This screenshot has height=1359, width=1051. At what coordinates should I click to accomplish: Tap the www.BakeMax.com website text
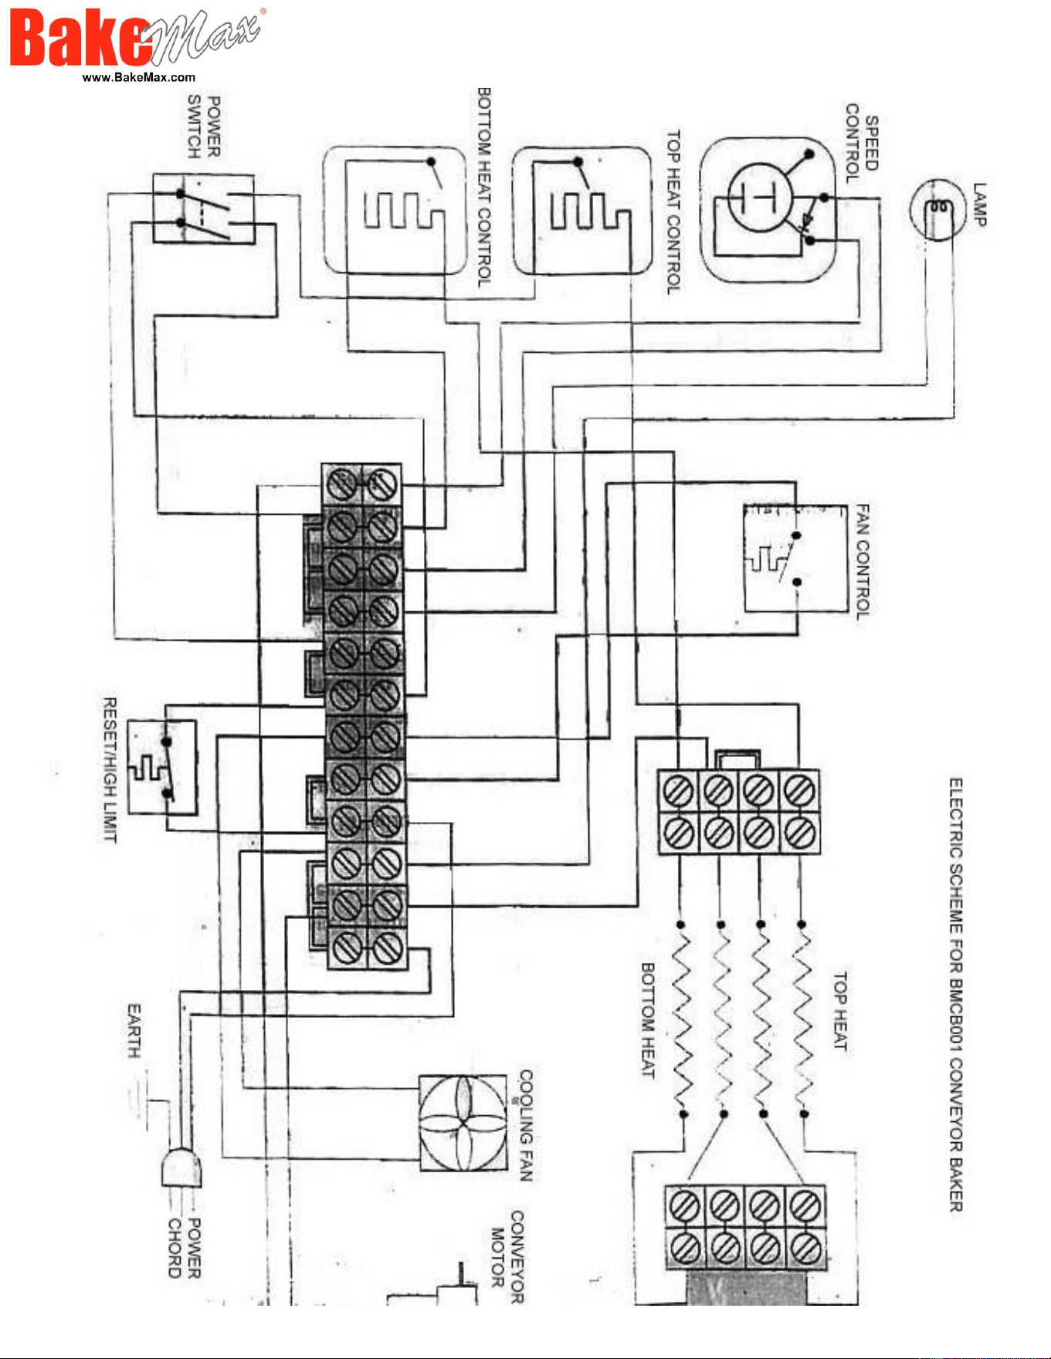pos(139,77)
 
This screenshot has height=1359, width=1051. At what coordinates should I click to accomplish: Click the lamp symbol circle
pos(937,208)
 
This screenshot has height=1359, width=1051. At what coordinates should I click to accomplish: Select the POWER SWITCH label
pos(205,127)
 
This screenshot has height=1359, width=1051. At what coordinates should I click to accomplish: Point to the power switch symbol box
pos(203,208)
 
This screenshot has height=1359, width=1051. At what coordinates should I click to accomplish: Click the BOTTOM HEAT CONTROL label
pos(484,188)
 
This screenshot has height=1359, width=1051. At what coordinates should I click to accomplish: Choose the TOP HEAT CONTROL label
pos(674,211)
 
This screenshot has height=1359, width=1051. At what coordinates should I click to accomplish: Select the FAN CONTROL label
pos(863,561)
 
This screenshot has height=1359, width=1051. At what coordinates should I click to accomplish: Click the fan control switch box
pos(796,558)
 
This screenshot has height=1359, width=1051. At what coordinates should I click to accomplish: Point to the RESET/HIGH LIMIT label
pos(110,769)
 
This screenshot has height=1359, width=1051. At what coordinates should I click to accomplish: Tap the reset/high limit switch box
pos(162,768)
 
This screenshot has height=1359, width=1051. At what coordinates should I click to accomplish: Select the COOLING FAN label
pos(526,1126)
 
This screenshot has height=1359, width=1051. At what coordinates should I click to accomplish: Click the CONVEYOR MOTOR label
pos(508,1256)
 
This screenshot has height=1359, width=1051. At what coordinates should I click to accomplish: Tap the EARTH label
pos(134,1030)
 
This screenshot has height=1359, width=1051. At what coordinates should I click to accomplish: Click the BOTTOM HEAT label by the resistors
pos(648,1020)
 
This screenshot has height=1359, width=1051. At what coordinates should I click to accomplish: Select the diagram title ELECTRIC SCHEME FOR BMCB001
pos(956,995)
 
